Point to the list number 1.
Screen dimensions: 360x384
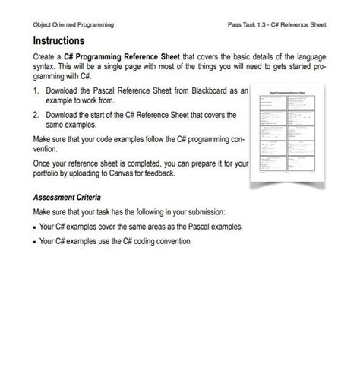(36, 90)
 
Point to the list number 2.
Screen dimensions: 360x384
(36, 115)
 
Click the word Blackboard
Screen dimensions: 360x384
(211, 90)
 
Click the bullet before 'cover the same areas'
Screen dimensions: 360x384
(35, 227)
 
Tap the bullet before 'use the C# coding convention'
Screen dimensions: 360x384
(35, 242)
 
